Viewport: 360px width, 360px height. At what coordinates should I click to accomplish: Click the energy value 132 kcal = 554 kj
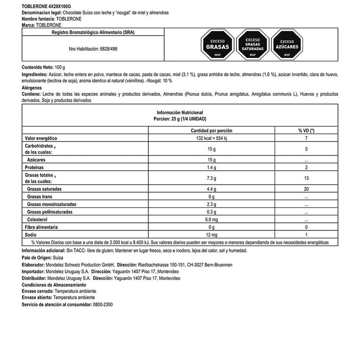tap(211, 138)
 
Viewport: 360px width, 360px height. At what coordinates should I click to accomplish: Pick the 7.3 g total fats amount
tap(211, 179)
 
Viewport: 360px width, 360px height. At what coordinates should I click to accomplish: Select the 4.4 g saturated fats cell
tap(211, 189)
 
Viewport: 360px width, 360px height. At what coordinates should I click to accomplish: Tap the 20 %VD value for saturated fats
tap(306, 189)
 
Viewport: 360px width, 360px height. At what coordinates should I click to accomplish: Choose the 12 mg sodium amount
tap(211, 234)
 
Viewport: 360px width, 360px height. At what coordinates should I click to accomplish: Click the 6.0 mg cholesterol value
tap(211, 219)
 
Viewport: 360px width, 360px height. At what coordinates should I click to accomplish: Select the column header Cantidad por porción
tap(211, 130)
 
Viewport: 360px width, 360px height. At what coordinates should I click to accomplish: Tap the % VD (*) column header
tap(306, 130)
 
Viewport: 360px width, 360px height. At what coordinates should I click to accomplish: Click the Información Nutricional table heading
tap(180, 112)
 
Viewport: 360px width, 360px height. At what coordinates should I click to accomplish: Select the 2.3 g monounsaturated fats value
tap(211, 204)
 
